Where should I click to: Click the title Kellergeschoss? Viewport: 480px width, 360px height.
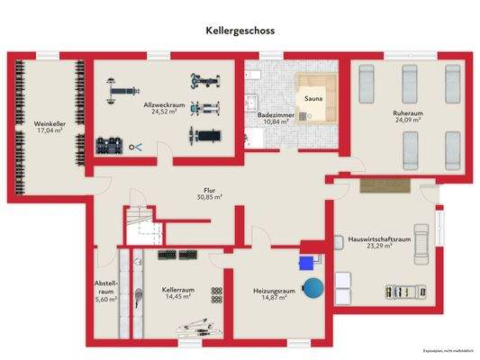[x=240, y=30]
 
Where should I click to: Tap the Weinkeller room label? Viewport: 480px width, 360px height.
[x=49, y=123]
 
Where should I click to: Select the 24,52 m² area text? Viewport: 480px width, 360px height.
[x=163, y=112]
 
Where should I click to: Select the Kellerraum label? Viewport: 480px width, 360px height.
[x=178, y=291]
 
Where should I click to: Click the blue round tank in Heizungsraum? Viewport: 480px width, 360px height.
[x=313, y=288]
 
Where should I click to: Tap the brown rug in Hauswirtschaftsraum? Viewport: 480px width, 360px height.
[x=384, y=185]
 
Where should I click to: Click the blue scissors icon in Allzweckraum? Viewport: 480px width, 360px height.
[x=136, y=147]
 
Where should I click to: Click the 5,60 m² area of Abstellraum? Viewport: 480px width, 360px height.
[x=106, y=300]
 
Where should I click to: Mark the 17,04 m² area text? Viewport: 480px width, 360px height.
[x=50, y=130]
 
